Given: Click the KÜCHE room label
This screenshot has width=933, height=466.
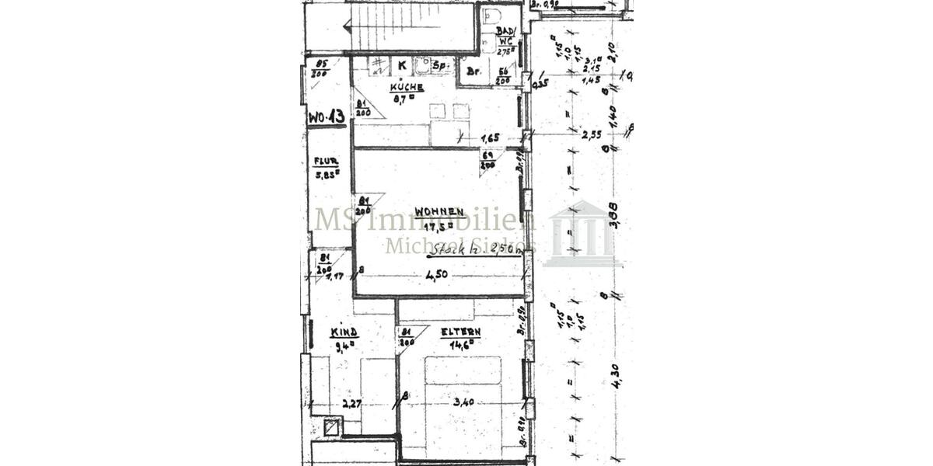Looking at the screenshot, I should click(407, 88).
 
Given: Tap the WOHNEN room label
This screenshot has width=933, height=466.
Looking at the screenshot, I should click(439, 211).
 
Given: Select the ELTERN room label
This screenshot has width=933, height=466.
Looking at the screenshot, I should click(460, 332).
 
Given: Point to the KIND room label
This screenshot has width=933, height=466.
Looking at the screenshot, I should click(344, 332).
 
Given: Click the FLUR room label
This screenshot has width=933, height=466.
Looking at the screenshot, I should click(326, 162).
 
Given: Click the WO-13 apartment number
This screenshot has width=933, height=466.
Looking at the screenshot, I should click(327, 117).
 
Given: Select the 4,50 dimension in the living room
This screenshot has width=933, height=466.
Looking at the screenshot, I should click(437, 273).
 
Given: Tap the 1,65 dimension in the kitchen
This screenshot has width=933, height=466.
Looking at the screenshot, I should click(490, 137).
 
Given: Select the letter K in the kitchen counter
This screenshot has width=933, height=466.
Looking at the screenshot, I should click(402, 66).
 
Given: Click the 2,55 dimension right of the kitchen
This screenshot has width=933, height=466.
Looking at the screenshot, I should click(591, 134).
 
